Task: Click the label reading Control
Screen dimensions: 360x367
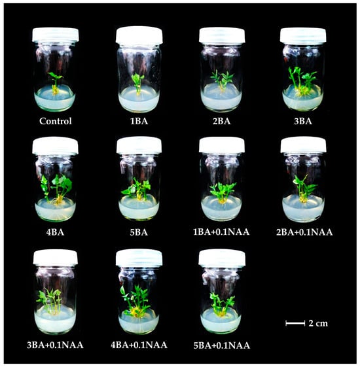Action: tap(56, 121)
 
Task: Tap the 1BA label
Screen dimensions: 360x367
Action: tap(139, 121)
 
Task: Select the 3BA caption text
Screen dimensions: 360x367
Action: tap(303, 121)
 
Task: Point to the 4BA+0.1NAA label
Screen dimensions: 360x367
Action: tap(139, 345)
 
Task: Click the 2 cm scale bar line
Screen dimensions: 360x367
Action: tap(295, 323)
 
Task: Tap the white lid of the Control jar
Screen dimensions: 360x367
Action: tap(56, 35)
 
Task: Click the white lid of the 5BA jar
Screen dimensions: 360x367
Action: tap(139, 145)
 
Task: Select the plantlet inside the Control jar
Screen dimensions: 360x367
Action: tap(56, 83)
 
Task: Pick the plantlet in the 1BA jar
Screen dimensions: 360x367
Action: tap(137, 84)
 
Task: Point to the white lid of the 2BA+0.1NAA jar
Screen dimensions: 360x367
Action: tap(303, 145)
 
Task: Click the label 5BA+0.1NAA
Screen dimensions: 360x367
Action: tap(222, 345)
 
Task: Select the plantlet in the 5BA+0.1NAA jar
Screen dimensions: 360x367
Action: tap(222, 304)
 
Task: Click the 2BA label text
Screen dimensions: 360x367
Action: tap(222, 121)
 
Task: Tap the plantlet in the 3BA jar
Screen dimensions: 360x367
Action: tap(302, 82)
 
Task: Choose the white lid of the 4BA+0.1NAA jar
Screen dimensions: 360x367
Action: tap(139, 258)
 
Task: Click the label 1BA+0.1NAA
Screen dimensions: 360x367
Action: tap(221, 232)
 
